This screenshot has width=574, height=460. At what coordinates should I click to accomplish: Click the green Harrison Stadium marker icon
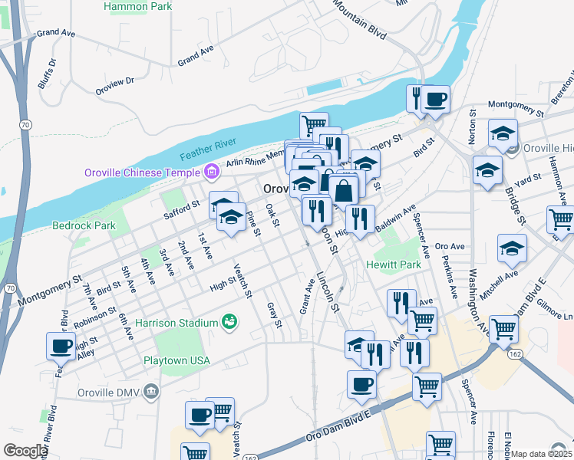229,320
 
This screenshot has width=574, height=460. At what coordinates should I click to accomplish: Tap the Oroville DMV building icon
152,393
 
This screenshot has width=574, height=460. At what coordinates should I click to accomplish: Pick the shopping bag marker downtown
345,192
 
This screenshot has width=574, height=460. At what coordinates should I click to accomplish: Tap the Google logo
25,451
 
